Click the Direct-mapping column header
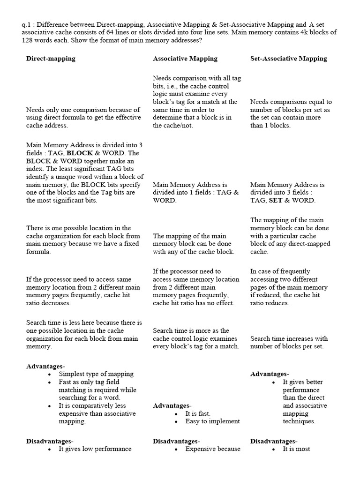pos(51,59)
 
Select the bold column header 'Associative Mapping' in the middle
pos(185,59)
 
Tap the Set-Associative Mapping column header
pos(289,59)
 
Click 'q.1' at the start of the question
pos(27,24)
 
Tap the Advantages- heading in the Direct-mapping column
pos(45,366)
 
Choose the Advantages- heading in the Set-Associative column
pos(270,374)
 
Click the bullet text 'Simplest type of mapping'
pos(96,374)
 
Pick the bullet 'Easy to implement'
pos(212,421)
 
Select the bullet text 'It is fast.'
pos(198,413)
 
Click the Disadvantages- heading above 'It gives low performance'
pos(49,441)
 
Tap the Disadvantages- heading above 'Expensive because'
pos(176,441)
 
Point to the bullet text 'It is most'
pos(296,449)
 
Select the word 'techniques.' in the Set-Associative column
pos(299,421)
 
